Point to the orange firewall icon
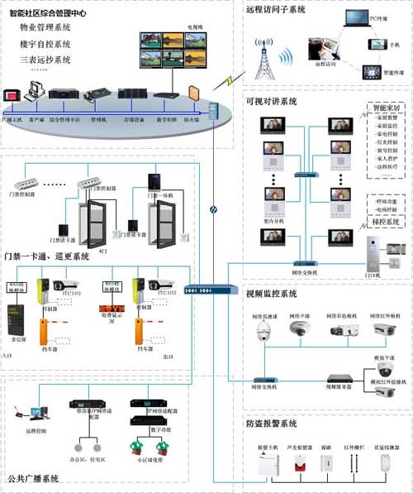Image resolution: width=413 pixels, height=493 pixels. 194,93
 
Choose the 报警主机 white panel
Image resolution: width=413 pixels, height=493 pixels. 265,467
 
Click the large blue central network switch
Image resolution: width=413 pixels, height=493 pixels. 201,291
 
